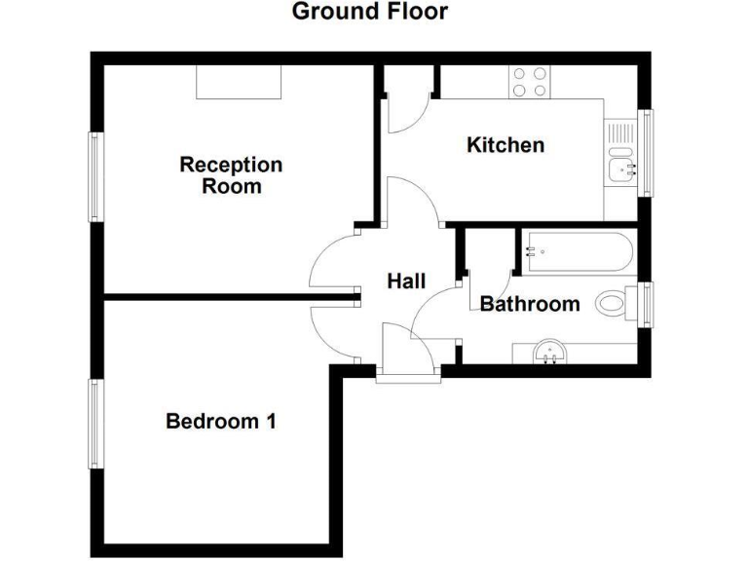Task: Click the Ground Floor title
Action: point(369,12)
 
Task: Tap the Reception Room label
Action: point(231,175)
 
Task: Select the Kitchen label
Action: point(505,145)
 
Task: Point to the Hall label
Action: point(406,281)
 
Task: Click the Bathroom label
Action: point(530,304)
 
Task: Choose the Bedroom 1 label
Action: point(221,422)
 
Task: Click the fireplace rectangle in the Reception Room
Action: point(240,82)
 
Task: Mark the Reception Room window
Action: point(95,176)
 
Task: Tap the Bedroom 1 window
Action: point(95,423)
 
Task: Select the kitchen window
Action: point(644,153)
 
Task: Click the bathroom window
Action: point(645,304)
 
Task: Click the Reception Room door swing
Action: point(336,258)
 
